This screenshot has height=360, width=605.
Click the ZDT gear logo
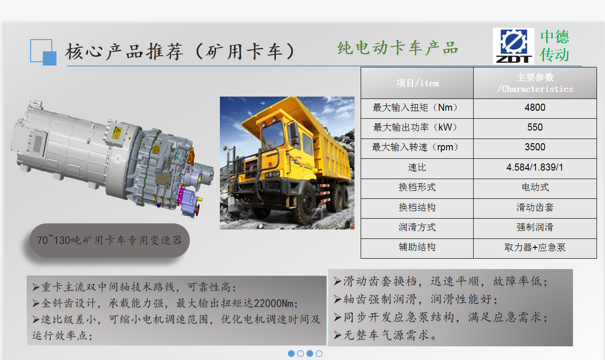point(514,46)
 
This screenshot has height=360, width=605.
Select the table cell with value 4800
point(535,107)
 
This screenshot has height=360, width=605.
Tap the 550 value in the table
point(535,127)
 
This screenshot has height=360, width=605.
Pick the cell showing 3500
point(535,147)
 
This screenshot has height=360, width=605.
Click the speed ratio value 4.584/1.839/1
point(535,167)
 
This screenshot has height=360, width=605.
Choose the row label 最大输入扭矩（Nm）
point(417,107)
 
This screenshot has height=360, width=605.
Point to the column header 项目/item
point(417,83)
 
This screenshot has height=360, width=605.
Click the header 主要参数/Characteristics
point(535,83)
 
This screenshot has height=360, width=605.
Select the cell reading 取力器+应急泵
point(535,247)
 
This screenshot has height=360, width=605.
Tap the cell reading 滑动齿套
point(535,207)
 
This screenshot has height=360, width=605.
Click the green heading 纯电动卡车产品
point(397,48)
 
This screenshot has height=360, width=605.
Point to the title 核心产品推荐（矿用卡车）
point(180,51)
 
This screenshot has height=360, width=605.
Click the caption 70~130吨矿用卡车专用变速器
point(109,240)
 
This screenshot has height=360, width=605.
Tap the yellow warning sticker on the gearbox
point(117,132)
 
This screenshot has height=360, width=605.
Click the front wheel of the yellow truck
point(306,206)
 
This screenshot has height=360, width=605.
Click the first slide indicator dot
point(291,353)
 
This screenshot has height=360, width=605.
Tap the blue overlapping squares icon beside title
point(43,52)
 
